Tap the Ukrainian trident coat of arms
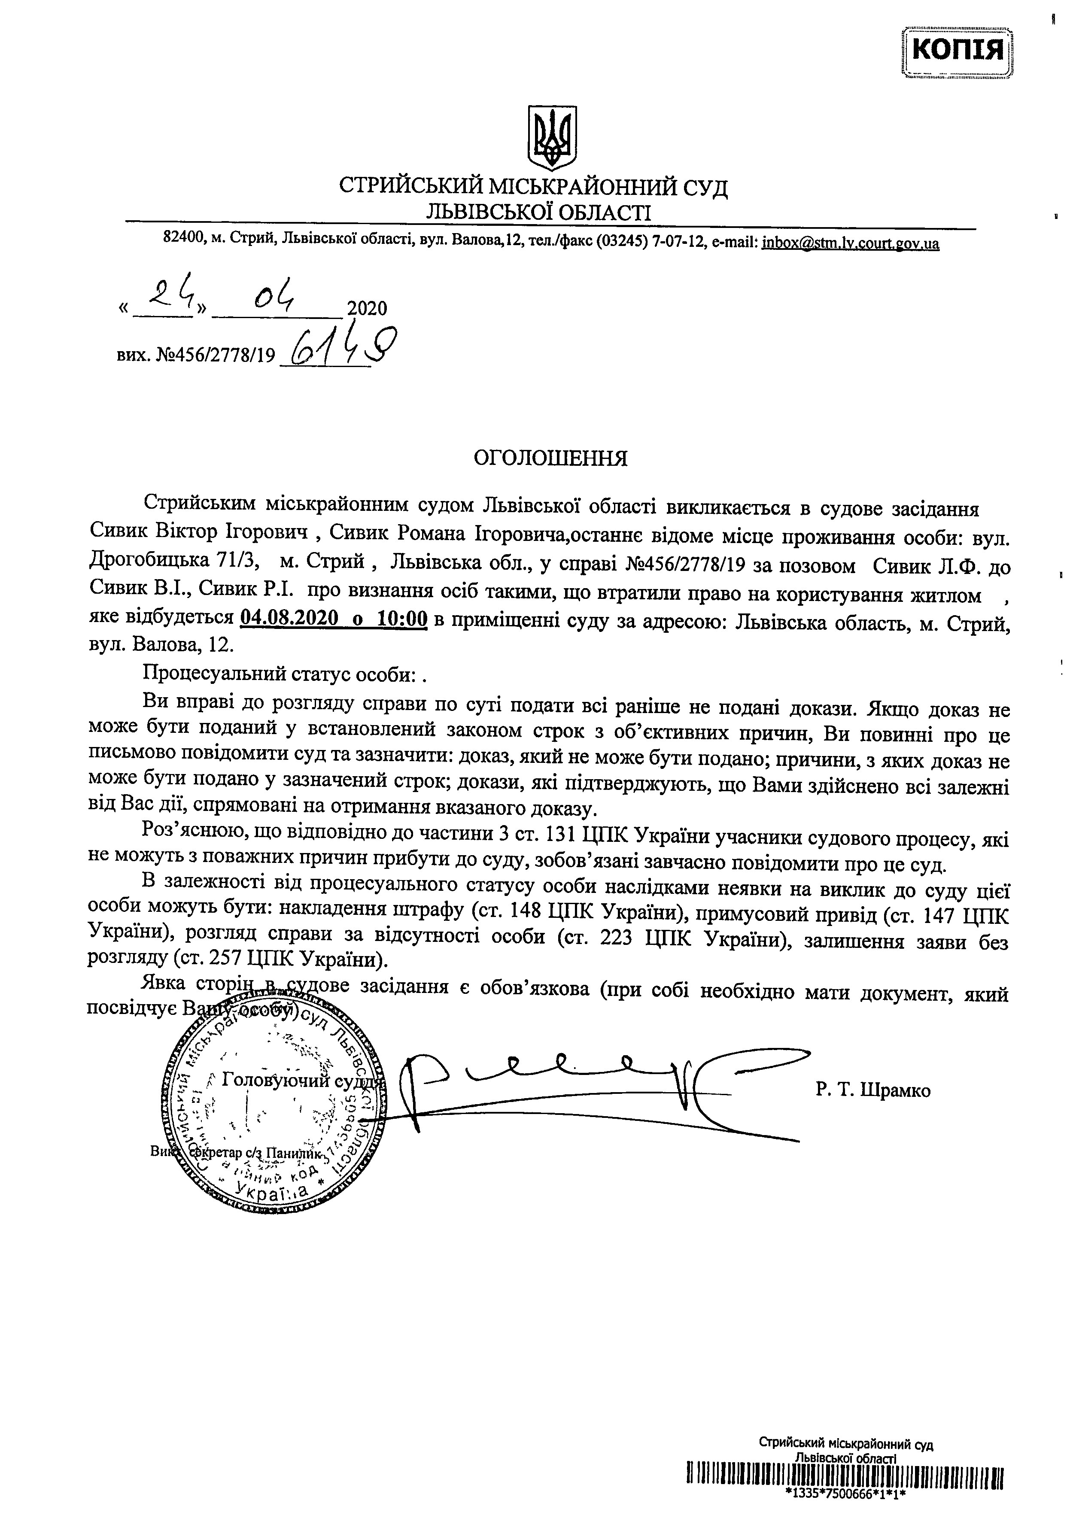[550, 138]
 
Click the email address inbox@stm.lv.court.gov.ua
[850, 243]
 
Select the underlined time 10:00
[402, 619]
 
